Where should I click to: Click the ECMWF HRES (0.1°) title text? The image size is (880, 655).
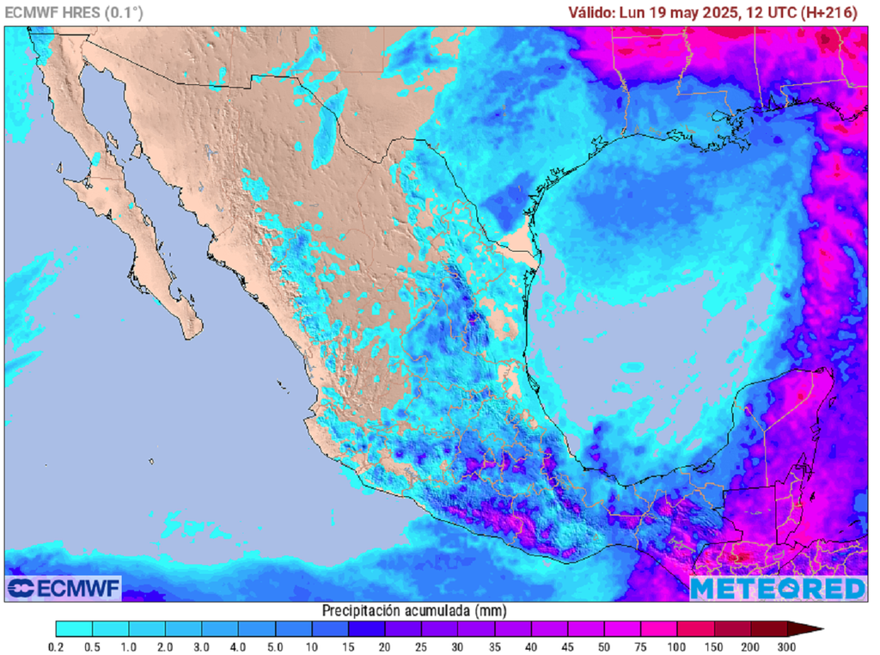(74, 12)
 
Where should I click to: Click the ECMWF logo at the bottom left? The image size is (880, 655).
(64, 588)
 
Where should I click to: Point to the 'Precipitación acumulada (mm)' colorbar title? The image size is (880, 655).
(413, 610)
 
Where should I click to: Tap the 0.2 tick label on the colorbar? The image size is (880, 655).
(57, 646)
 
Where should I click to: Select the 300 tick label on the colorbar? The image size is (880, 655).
(786, 646)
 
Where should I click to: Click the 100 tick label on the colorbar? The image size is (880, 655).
(677, 646)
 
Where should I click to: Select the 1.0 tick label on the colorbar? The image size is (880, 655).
(130, 646)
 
